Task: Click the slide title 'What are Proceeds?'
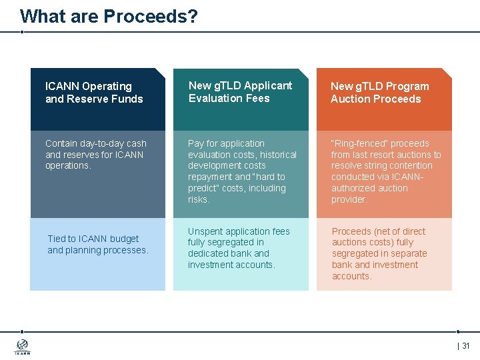click(x=109, y=16)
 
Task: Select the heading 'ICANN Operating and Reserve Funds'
click(x=94, y=93)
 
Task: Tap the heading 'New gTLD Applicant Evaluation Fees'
click(x=240, y=92)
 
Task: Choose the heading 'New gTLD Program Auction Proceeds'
click(x=379, y=93)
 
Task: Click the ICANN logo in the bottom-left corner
click(x=22, y=347)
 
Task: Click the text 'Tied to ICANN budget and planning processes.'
click(x=97, y=245)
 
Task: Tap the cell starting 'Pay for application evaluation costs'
click(x=242, y=171)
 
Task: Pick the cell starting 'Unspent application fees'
click(x=239, y=248)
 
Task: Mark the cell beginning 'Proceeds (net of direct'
click(x=379, y=253)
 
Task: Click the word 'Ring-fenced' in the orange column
click(x=357, y=143)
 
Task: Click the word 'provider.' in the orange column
click(x=349, y=199)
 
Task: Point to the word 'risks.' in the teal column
click(x=199, y=199)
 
